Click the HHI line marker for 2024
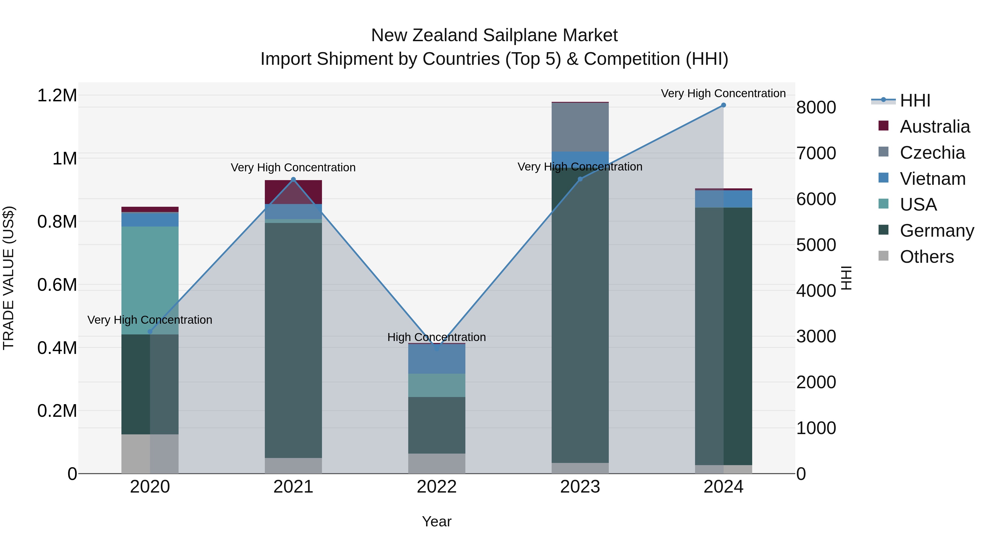[723, 105]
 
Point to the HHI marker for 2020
[150, 331]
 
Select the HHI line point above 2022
[437, 348]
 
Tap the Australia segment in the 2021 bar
[293, 192]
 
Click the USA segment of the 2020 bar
[150, 280]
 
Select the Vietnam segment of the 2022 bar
[437, 359]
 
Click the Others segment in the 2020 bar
[150, 454]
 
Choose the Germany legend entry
[937, 231]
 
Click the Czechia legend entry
[932, 153]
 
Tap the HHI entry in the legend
[915, 100]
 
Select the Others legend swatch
[884, 256]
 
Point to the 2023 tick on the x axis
[580, 487]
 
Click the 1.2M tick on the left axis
[57, 96]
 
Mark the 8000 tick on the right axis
[816, 107]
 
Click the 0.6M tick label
[57, 285]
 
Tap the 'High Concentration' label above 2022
[437, 337]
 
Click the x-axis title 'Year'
[437, 521]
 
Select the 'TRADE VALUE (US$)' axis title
[9, 278]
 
